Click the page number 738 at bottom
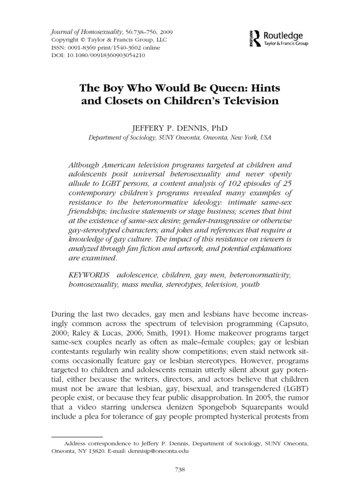[x=180, y=468]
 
